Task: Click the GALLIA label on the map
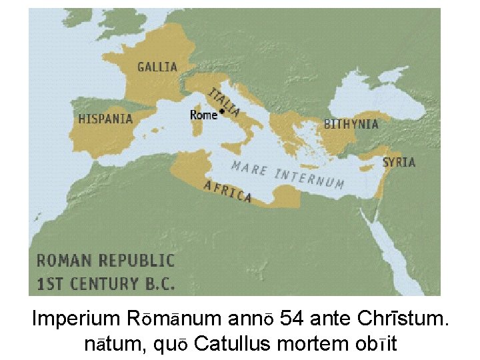(x=157, y=67)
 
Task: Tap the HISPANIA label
(x=105, y=119)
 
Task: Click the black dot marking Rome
(x=222, y=112)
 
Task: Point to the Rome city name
(x=203, y=115)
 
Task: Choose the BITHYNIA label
(x=351, y=124)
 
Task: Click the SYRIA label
(x=399, y=162)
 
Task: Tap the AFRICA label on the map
(x=227, y=191)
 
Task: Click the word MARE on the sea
(x=249, y=168)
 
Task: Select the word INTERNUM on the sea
(x=309, y=178)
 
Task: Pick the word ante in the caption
(x=335, y=319)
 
